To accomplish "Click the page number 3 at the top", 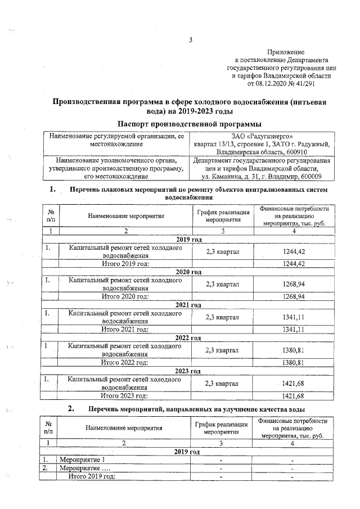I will [x=191, y=40].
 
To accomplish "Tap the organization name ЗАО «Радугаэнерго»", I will [x=263, y=137].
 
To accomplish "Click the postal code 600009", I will [x=316, y=177].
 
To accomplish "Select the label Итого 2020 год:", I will [x=125, y=296].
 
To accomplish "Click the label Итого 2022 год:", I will [x=125, y=362].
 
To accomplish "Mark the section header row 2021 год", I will [x=188, y=305].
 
